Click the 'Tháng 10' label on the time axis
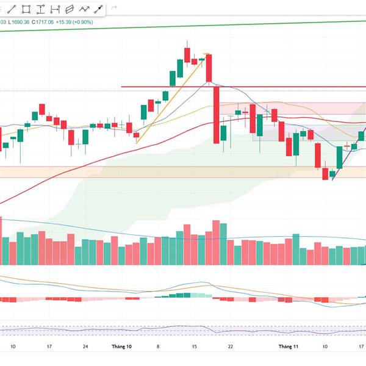pos(121,346)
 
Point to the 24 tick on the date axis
pos(85,346)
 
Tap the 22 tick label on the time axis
pos(230,346)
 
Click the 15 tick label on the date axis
pos(193,346)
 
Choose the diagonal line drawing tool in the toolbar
pos(12,9)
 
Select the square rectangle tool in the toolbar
pos(26,9)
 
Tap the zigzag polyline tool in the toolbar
pos(84,9)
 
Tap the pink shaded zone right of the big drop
pos(287,108)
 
